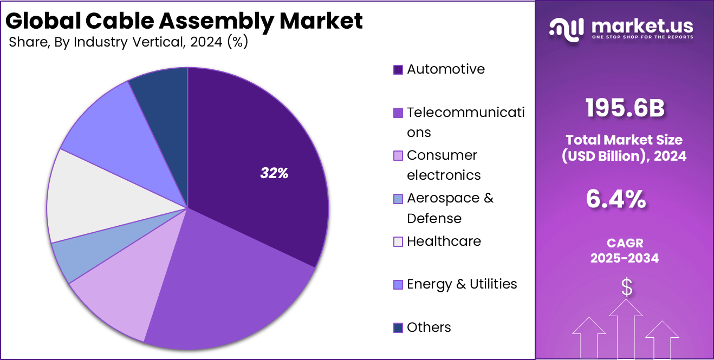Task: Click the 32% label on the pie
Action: [274, 173]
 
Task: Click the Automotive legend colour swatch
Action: [398, 70]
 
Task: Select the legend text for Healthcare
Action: [444, 241]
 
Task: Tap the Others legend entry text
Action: [429, 327]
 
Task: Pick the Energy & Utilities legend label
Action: [462, 284]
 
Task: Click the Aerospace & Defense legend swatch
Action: [398, 199]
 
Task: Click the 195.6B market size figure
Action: [625, 108]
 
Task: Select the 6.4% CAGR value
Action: [616, 199]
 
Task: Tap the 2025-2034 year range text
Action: [625, 258]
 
